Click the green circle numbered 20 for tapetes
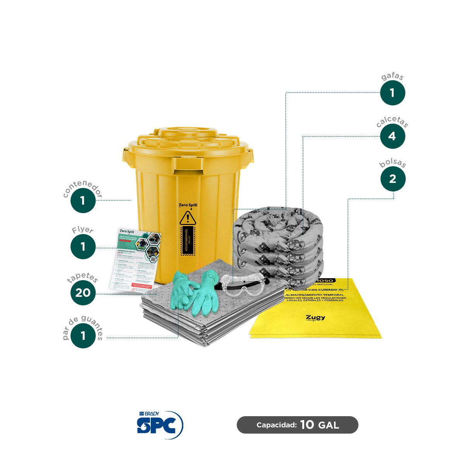click(x=83, y=293)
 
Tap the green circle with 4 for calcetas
click(x=392, y=136)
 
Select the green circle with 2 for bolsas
click(x=393, y=179)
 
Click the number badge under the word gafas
click(x=392, y=93)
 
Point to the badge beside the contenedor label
click(x=83, y=201)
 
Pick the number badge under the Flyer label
click(x=83, y=246)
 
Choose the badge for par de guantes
click(x=83, y=336)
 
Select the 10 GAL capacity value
click(x=319, y=425)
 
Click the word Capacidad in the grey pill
click(x=276, y=425)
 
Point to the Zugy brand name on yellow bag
click(x=315, y=317)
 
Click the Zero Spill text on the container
click(x=188, y=205)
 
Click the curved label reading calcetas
click(x=392, y=121)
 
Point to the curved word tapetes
click(x=83, y=277)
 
